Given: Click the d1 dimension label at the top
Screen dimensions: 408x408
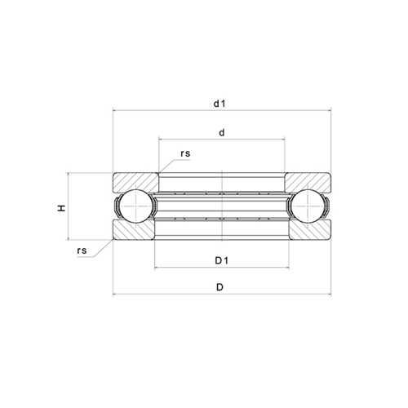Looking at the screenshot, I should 220,104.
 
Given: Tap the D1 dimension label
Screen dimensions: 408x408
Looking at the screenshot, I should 220,260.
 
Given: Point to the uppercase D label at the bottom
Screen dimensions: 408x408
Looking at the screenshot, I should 220,288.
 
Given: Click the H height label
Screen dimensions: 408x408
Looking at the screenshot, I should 61,208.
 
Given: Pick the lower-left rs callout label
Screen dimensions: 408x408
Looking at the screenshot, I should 82,251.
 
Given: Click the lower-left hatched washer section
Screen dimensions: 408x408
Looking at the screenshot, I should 132,233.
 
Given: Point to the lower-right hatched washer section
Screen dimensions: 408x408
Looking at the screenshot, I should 308,233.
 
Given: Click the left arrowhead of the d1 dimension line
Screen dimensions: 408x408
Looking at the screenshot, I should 114,112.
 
